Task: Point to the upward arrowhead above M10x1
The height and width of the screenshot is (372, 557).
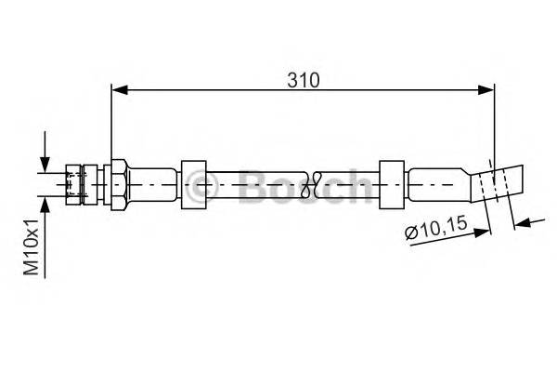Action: click(x=44, y=203)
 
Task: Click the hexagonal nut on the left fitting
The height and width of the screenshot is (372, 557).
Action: click(x=118, y=182)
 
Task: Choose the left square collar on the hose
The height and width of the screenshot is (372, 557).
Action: click(x=194, y=182)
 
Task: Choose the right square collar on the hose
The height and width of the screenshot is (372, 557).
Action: click(x=392, y=182)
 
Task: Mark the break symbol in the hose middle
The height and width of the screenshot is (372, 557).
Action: click(x=320, y=182)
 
